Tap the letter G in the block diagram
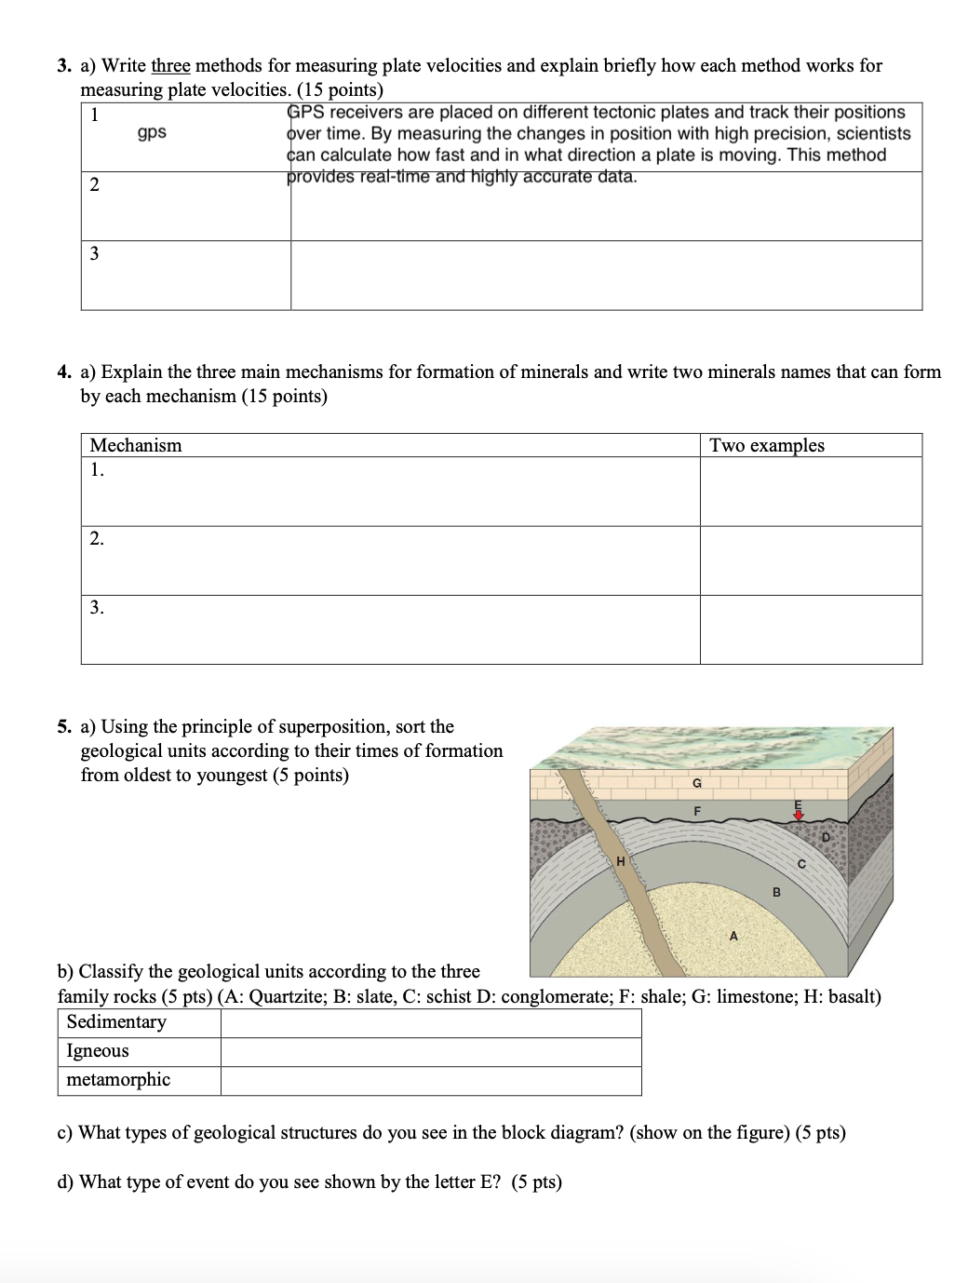[x=695, y=784]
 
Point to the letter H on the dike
[x=621, y=861]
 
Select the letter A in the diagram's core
[x=733, y=935]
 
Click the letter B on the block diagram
[x=776, y=892]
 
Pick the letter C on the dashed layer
[x=801, y=864]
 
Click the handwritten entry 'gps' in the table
[x=152, y=132]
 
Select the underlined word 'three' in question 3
[x=170, y=66]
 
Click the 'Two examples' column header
[x=767, y=445]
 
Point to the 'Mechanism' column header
[x=136, y=445]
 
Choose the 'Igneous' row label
[x=98, y=1051]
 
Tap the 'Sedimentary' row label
[x=116, y=1022]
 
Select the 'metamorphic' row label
[x=118, y=1080]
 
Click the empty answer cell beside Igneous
[x=430, y=1052]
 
